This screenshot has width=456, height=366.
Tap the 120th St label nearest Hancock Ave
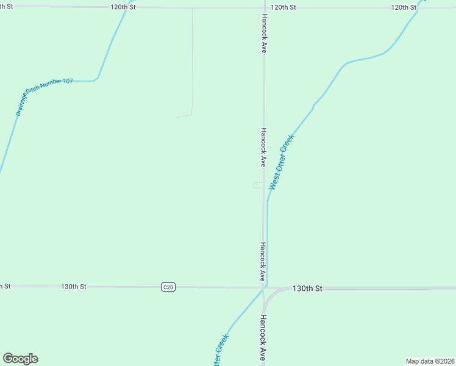pos(283,7)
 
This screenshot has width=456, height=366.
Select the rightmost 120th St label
pos(404,7)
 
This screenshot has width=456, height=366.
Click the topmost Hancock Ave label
pos(264,34)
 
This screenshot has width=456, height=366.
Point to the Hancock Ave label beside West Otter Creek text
pos(263,147)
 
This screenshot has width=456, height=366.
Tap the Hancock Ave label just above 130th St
pos(263,262)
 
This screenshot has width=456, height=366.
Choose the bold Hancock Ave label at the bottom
pos(263,337)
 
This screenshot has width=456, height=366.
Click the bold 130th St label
pos(307,288)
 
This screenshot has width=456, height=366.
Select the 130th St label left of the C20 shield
pos(74,286)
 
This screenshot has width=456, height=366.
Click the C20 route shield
pos(169,287)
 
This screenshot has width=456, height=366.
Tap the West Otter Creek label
pos(282,162)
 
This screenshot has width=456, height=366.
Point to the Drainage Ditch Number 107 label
pos(43,96)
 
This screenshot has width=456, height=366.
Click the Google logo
pos(20,359)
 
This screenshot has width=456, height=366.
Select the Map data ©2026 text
pos(430,361)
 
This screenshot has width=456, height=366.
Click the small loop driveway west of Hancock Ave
pos(258,185)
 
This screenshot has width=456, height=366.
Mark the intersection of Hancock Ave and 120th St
pos(263,8)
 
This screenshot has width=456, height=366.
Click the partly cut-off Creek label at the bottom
pos(220,351)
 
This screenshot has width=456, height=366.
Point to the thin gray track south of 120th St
pos(193,61)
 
